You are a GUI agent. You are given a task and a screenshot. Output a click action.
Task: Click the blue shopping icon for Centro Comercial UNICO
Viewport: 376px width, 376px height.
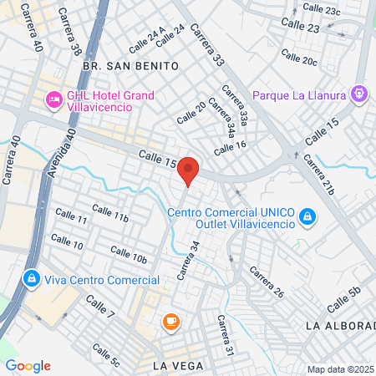tap(308, 216)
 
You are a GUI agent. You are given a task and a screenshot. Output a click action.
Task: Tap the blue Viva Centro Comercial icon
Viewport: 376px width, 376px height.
tap(31, 277)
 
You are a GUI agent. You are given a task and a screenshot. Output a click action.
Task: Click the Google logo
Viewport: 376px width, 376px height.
tap(28, 365)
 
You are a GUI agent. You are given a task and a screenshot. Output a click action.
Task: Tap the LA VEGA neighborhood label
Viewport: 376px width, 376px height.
tap(178, 365)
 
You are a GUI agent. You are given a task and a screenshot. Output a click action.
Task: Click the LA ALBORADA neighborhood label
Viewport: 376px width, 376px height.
tap(340, 324)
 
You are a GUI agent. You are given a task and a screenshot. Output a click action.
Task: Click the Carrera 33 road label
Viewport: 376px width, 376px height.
tap(207, 46)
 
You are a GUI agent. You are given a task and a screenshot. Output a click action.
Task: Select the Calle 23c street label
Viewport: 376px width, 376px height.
tap(322, 10)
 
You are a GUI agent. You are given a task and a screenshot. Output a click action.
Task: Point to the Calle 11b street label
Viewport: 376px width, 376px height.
tap(109, 213)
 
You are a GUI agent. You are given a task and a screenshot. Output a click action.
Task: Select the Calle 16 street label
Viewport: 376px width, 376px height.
tap(230, 148)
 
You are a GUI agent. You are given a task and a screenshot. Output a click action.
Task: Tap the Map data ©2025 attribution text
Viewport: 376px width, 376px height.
tap(339, 369)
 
